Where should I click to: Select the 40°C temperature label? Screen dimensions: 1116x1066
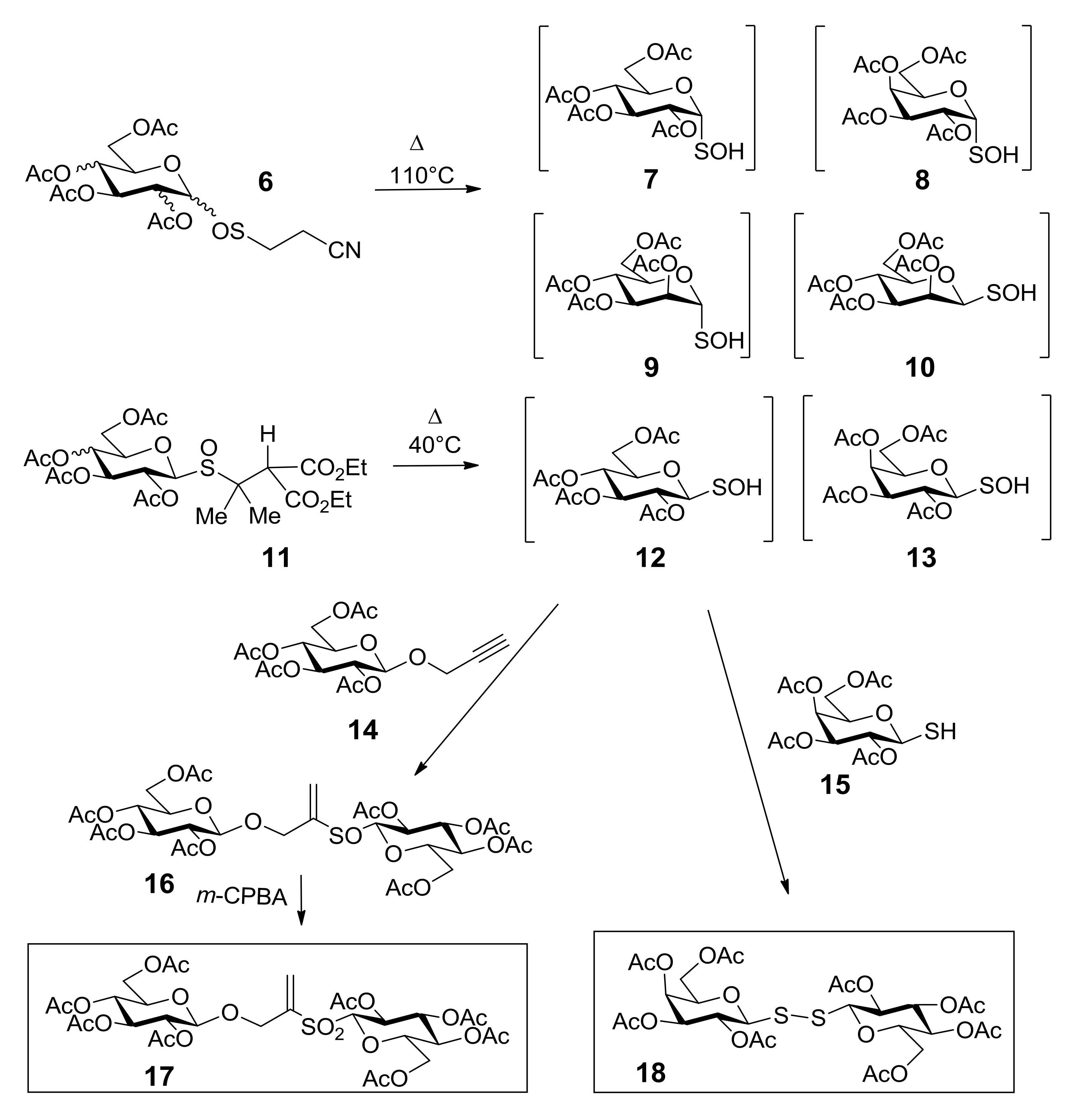coord(435,445)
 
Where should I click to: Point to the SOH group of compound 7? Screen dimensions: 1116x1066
coord(719,151)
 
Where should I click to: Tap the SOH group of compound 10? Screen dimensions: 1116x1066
coord(1011,293)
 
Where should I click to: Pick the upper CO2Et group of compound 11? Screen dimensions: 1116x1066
coord(334,468)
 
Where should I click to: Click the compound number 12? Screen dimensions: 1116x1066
coord(651,558)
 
